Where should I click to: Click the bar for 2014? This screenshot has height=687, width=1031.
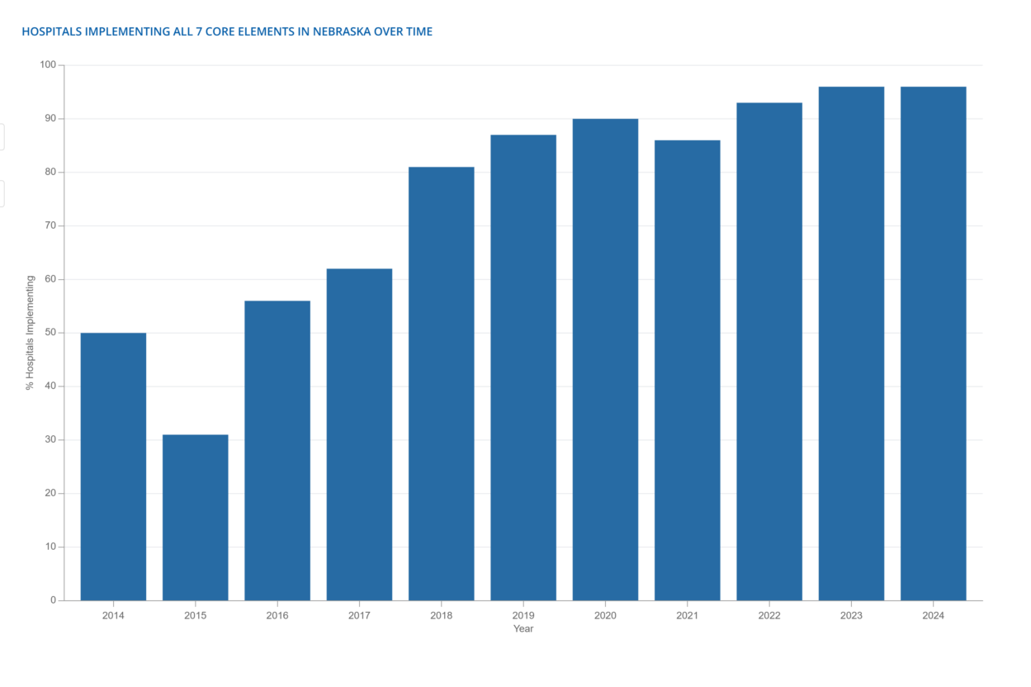pyautogui.click(x=113, y=467)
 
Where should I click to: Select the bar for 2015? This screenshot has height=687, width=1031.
pyautogui.click(x=195, y=518)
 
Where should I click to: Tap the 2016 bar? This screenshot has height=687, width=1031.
pyautogui.click(x=277, y=450)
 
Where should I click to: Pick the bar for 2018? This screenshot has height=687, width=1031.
pyautogui.click(x=442, y=384)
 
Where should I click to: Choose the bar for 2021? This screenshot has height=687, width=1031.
pyautogui.click(x=687, y=370)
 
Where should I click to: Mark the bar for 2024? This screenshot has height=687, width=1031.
pyautogui.click(x=934, y=343)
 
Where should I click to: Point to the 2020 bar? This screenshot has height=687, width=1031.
pyautogui.click(x=605, y=360)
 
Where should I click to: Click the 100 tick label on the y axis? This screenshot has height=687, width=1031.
pyautogui.click(x=48, y=65)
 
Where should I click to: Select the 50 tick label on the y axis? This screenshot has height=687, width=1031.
pyautogui.click(x=50, y=333)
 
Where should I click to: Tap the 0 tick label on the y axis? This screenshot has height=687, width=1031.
pyautogui.click(x=54, y=600)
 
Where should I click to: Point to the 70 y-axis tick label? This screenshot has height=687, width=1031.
pyautogui.click(x=50, y=225)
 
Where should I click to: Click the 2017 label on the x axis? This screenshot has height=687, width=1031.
pyautogui.click(x=359, y=616)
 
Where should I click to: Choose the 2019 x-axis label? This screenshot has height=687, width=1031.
pyautogui.click(x=523, y=616)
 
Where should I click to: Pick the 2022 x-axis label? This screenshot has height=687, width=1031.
pyautogui.click(x=769, y=616)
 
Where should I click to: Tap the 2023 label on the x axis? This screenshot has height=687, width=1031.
pyautogui.click(x=851, y=616)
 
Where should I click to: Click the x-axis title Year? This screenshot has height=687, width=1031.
pyautogui.click(x=523, y=629)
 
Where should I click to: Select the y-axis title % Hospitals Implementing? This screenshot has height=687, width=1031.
pyautogui.click(x=30, y=333)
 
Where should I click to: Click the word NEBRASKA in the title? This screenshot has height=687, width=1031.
pyautogui.click(x=342, y=31)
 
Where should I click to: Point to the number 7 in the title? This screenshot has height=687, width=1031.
pyautogui.click(x=199, y=31)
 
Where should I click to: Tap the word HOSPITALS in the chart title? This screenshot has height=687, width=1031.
pyautogui.click(x=50, y=31)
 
